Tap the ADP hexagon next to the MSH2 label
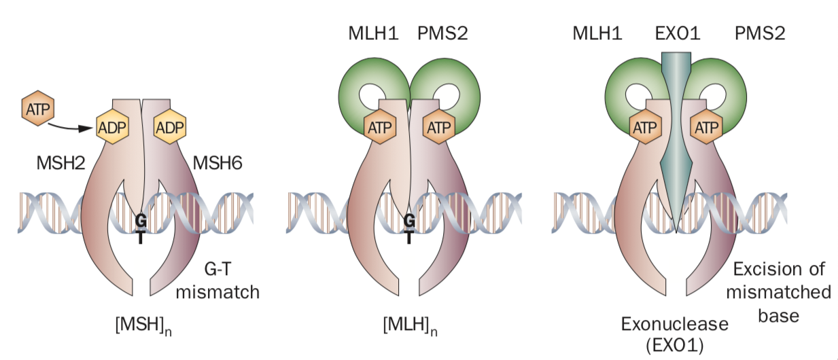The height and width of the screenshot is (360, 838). tap(113, 127)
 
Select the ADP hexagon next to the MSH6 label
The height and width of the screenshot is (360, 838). tap(171, 127)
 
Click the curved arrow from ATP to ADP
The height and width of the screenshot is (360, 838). tap(71, 125)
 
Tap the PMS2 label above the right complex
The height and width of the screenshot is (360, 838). tap(761, 32)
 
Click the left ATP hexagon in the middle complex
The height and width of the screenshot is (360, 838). tap(379, 127)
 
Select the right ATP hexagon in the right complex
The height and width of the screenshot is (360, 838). tap(705, 127)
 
